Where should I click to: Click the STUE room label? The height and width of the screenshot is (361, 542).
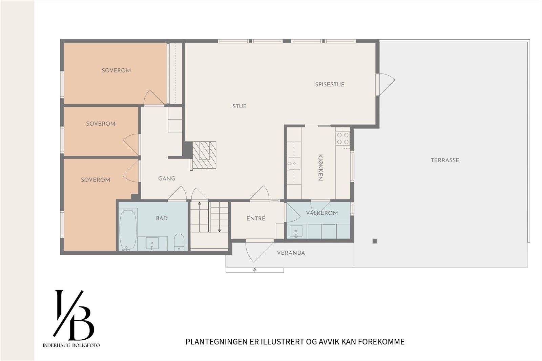(x=239, y=106)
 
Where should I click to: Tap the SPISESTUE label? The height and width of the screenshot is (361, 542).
(x=330, y=85)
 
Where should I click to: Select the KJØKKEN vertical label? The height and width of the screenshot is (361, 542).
(x=320, y=168)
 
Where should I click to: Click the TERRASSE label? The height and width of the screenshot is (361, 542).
(x=445, y=160)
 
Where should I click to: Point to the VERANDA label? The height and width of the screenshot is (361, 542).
(x=291, y=253)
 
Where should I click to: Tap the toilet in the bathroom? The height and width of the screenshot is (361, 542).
(x=179, y=242)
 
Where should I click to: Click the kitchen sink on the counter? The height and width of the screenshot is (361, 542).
(x=294, y=163)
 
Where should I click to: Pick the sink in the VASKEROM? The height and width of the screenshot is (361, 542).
(x=296, y=231)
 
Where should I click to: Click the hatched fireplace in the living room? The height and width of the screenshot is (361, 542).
(x=204, y=155)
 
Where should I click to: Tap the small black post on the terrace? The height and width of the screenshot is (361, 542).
(x=374, y=241)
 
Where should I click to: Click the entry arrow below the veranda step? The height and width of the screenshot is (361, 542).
(x=255, y=270)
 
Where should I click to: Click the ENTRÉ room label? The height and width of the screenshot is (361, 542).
(x=256, y=219)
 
